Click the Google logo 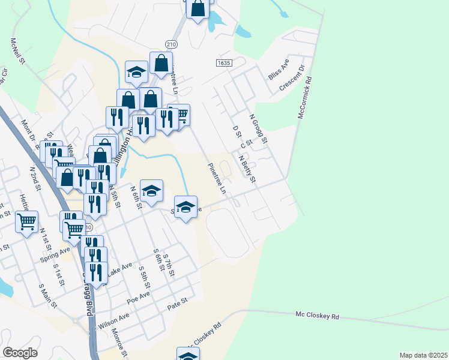pyautogui.click(x=20, y=353)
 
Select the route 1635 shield pyautogui.click(x=224, y=62)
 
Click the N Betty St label pyautogui.click(x=247, y=170)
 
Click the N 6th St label pyautogui.click(x=136, y=197)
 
